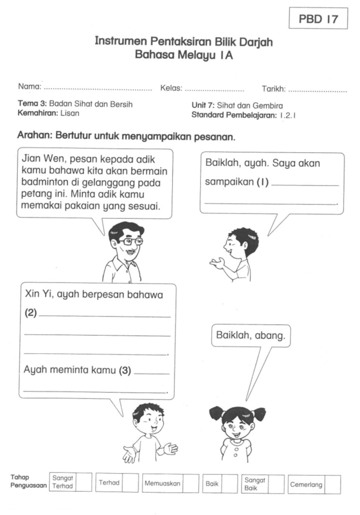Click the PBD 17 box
pos(317,19)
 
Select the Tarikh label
pos(274,89)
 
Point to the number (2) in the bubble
pos(30,313)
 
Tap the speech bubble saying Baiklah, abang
pos(251,336)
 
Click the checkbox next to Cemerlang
pos(332,485)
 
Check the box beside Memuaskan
pos(190,484)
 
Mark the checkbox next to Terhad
pos(130,483)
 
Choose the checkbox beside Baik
pos(230,484)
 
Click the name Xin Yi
pos(35,294)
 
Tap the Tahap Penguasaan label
pos(29,481)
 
